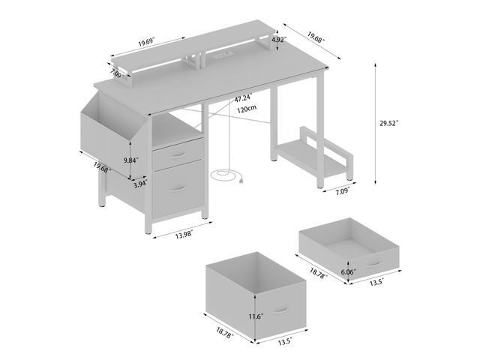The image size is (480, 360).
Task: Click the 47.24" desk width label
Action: [242, 97]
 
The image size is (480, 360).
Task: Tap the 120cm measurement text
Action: [242, 109]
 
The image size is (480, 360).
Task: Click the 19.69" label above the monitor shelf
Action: [151, 43]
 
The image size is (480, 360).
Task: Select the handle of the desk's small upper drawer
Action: [177, 154]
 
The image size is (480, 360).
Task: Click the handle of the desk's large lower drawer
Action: [178, 189]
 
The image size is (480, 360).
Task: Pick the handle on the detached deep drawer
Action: [281, 310]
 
